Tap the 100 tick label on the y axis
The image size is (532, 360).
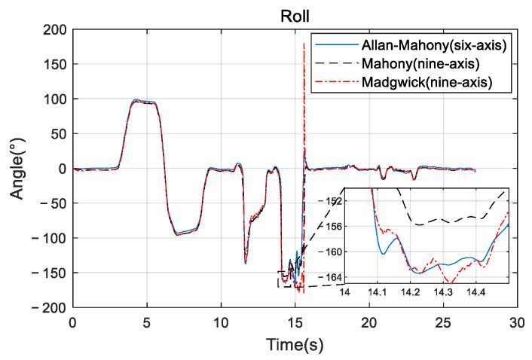coord(54,99)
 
